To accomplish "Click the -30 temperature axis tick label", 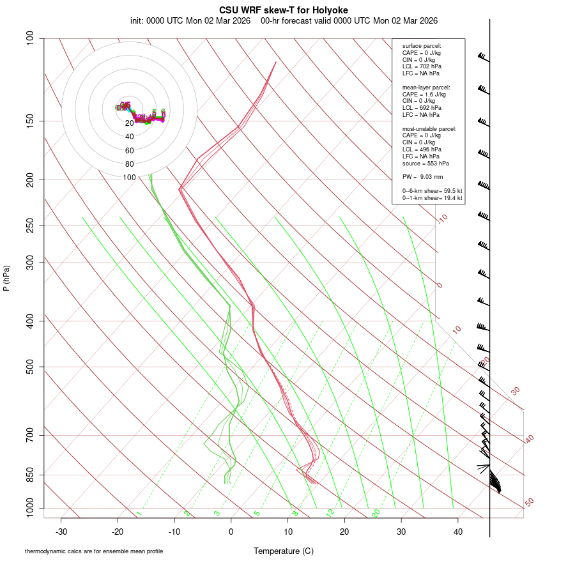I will pos(61,532).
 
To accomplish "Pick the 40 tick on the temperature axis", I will pos(458,532).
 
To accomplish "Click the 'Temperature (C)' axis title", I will pos(283,551).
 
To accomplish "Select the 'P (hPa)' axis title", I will pos(6,278).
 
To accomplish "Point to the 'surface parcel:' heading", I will pos(422,46).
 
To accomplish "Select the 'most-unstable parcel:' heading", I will pos(429,129).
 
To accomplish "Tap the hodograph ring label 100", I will pos(130,178).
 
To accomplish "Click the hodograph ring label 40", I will pos(130,137).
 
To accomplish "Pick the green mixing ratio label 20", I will pos(376,513).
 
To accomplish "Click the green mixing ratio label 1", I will pos(139,514).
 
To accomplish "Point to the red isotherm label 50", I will pos(529,503).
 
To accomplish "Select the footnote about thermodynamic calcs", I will pos(94,551).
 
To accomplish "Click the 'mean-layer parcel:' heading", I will pos(426,87).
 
